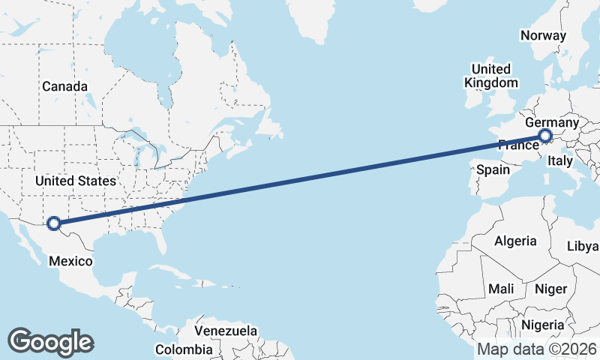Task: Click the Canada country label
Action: point(64,86)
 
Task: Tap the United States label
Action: point(76,181)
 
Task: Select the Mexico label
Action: point(70,261)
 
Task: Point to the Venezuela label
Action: point(226,331)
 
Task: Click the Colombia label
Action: point(184,349)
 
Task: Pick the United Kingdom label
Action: point(491,76)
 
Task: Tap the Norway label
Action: point(543,35)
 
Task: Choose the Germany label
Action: point(552,122)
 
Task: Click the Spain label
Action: point(493,169)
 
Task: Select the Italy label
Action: point(560,160)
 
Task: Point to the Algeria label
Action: point(515,241)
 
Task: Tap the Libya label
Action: point(583,246)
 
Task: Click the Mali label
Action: point(501,289)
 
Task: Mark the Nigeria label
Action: point(541,325)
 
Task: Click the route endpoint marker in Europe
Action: point(545,136)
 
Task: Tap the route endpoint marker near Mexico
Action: point(53,223)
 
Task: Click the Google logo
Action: point(50,342)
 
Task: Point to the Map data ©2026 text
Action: point(536,349)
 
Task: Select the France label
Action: point(517,145)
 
